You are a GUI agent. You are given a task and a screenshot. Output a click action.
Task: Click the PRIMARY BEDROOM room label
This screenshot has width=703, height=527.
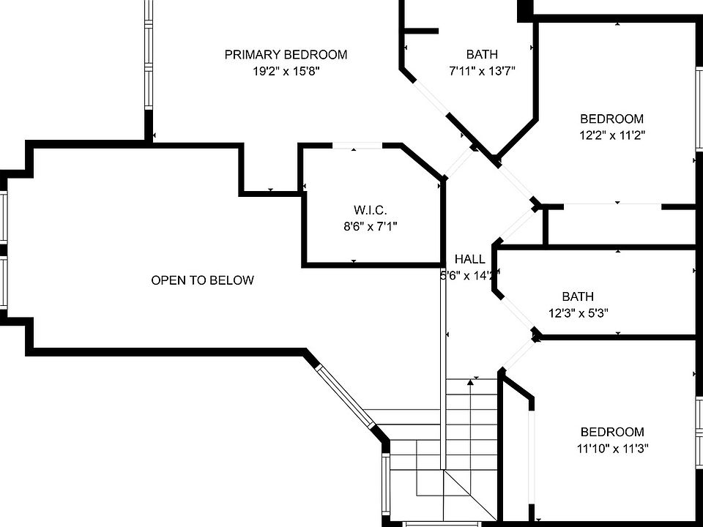point(286,54)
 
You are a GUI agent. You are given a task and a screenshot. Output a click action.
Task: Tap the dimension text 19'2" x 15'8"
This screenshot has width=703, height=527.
point(286,72)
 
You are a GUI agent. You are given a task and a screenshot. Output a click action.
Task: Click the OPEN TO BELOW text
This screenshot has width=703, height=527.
point(202,280)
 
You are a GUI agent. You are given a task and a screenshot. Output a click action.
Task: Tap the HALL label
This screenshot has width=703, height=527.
point(469,259)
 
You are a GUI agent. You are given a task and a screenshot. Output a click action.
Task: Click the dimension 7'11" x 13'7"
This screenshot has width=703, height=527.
point(482,72)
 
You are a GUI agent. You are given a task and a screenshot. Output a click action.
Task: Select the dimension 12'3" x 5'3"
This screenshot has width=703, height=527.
point(578,313)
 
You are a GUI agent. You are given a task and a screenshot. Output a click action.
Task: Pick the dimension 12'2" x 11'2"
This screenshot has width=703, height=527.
point(612,135)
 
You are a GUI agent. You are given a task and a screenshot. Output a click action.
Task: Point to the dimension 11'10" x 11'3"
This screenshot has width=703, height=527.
point(612,448)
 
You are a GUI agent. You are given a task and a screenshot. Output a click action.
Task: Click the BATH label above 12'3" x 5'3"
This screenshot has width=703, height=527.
point(578,296)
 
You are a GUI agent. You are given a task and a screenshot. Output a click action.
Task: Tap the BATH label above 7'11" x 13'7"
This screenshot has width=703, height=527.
point(482,54)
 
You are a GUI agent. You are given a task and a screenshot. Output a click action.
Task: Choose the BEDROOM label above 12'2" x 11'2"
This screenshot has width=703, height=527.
point(612,119)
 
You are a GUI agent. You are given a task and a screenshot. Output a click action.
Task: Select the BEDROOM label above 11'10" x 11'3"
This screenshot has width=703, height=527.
point(612,432)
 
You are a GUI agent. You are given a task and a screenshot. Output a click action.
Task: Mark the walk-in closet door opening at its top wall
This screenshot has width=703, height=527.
point(357,146)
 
